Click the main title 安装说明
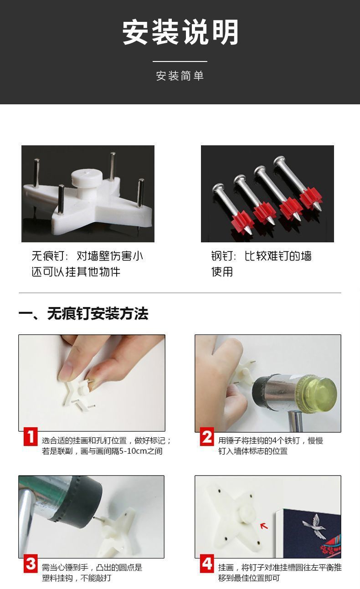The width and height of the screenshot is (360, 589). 180,33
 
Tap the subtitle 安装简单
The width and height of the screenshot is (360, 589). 180,76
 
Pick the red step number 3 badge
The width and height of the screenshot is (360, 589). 30,564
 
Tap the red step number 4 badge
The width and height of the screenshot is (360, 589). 207,564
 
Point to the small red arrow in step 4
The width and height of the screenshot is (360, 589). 264,526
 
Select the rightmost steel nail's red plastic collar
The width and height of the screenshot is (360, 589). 311,198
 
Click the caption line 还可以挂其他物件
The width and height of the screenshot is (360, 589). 76,272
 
